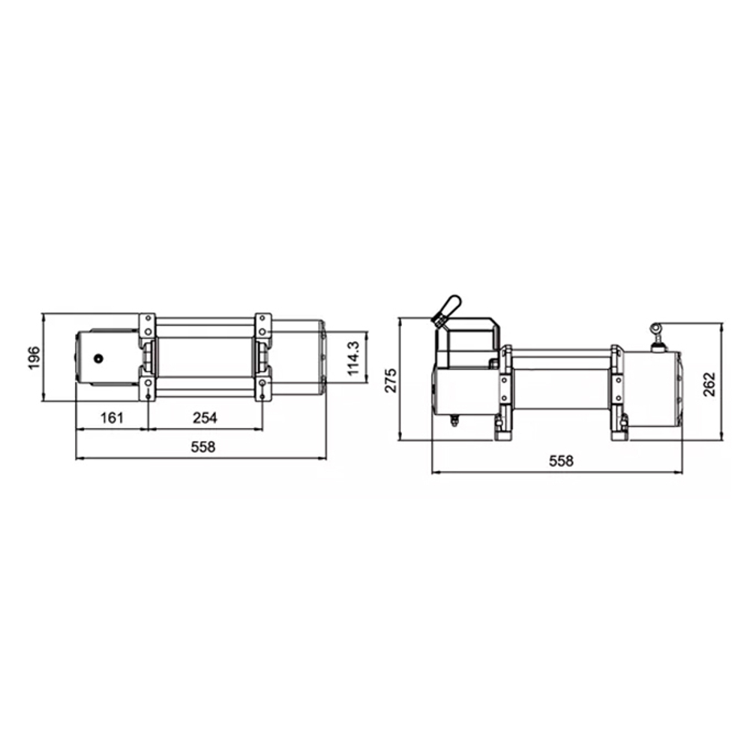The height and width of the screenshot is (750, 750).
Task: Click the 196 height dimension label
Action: coord(33,358)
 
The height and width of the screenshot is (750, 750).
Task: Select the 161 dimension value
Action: coord(111,418)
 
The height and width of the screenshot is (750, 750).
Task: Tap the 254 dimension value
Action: coord(205,418)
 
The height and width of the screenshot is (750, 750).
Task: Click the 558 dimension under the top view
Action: coord(202,447)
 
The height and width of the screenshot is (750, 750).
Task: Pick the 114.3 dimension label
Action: coord(355,357)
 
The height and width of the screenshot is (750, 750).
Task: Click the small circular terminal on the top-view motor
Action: coord(97,358)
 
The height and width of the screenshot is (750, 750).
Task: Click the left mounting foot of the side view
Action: coord(502,431)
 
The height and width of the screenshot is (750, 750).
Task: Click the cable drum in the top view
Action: coord(205,357)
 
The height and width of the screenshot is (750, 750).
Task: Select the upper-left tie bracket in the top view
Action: coord(147,327)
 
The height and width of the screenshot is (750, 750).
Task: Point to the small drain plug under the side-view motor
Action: coord(453,421)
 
